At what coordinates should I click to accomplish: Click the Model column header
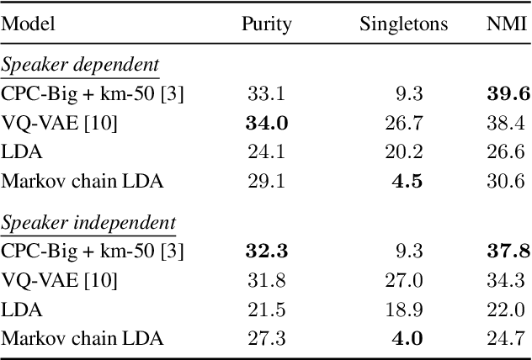pos(28,24)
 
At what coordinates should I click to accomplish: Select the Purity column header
pos(266,24)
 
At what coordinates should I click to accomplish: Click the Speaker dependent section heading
pos(80,66)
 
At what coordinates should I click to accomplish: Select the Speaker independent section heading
pos(88,223)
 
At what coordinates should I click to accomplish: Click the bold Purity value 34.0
pos(267,124)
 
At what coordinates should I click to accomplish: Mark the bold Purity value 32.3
pos(267,251)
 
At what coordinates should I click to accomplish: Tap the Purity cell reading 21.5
pos(267,309)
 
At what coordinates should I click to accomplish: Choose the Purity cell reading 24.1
pos(267,152)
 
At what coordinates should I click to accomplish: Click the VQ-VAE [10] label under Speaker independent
pos(59,280)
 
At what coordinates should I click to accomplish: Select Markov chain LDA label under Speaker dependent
pos(82,181)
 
